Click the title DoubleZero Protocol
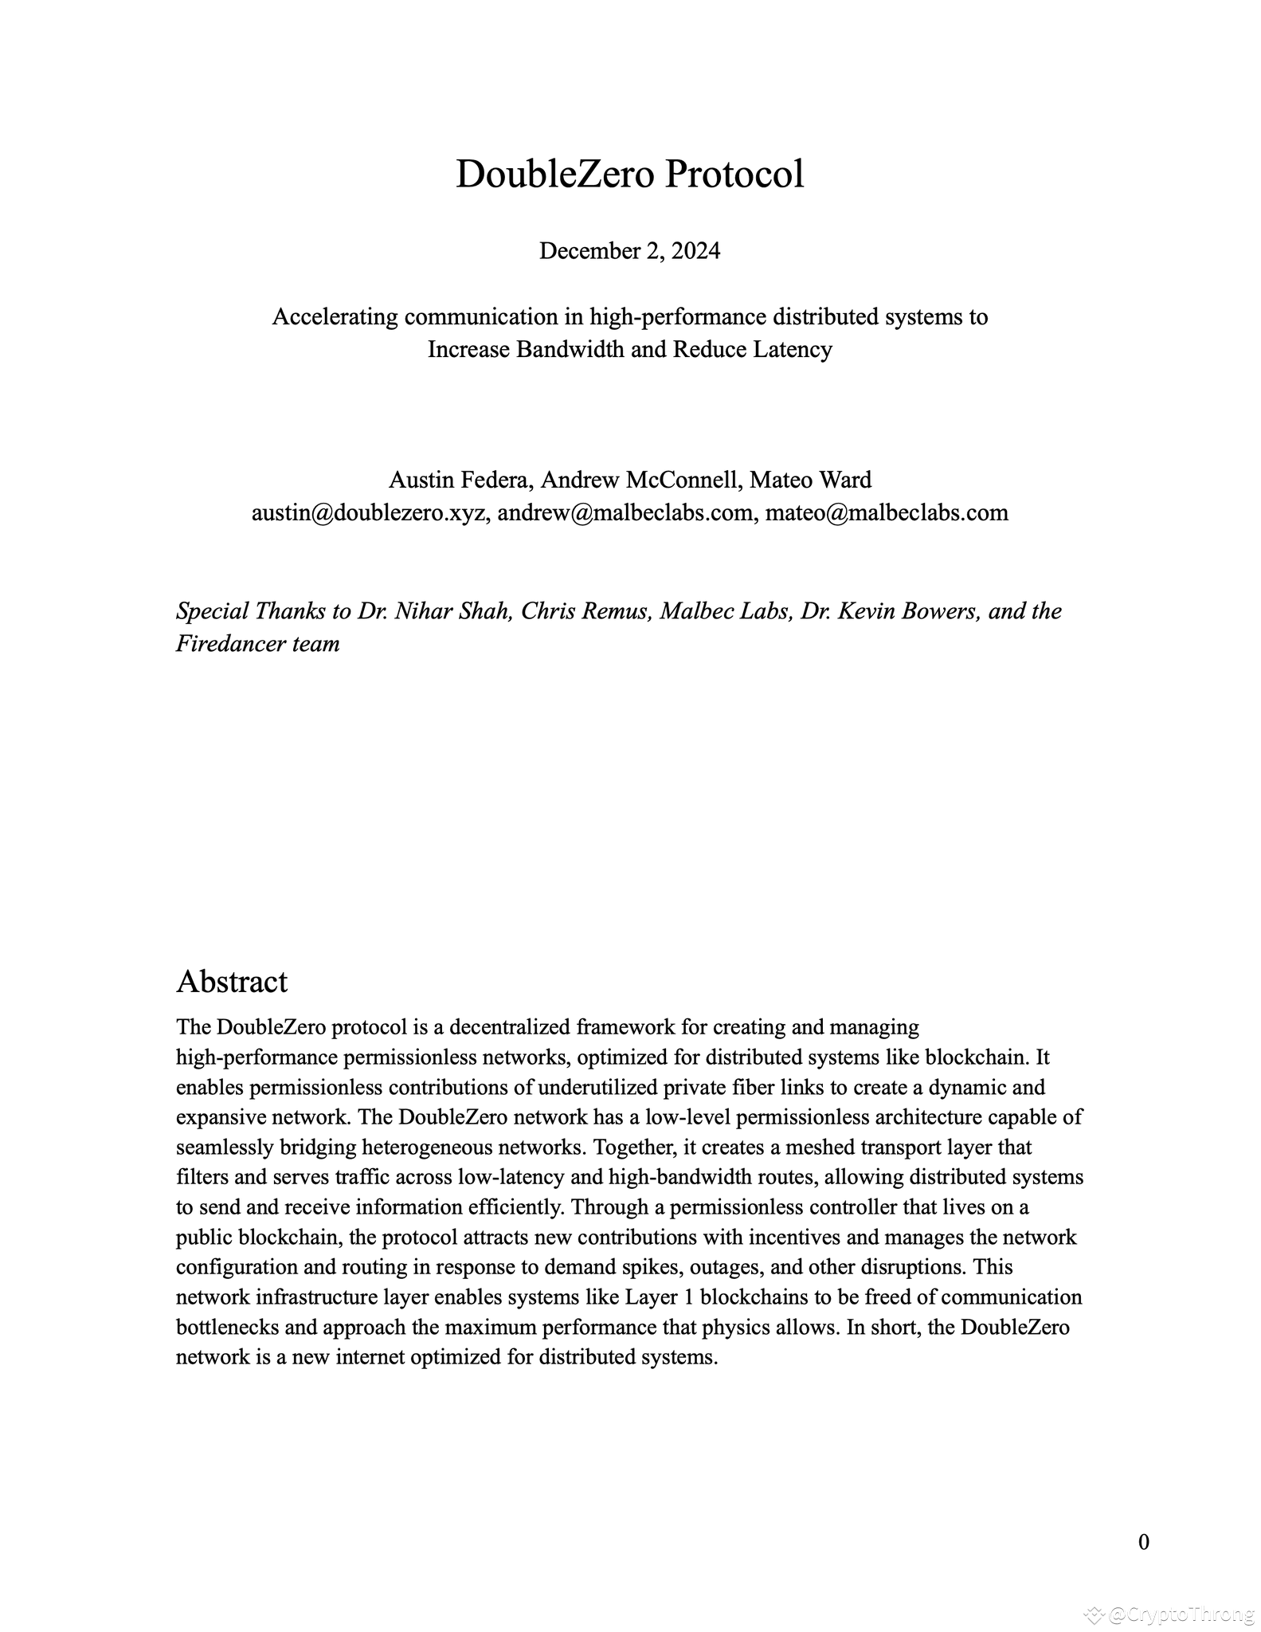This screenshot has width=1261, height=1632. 629,174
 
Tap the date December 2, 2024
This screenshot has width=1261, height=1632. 629,251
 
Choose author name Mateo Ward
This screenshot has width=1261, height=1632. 810,480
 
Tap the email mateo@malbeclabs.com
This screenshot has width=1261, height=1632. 887,512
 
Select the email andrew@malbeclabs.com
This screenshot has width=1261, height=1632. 625,512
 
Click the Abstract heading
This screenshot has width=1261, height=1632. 232,982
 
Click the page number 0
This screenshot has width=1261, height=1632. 1143,1543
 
